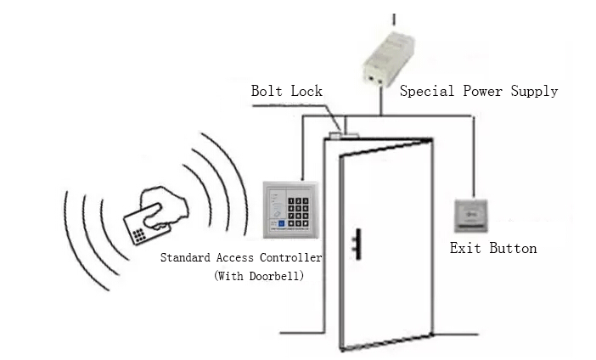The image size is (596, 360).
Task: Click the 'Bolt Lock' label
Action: pyautogui.click(x=287, y=91)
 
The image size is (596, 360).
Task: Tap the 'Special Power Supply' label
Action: pyautogui.click(x=479, y=91)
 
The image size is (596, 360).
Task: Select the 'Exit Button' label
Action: pyautogui.click(x=492, y=249)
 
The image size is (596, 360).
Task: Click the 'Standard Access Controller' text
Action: pyautogui.click(x=242, y=257)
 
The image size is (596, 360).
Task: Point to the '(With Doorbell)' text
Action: pyautogui.click(x=258, y=275)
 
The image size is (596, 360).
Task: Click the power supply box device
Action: pyautogui.click(x=393, y=59)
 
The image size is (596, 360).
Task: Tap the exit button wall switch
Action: pyautogui.click(x=472, y=216)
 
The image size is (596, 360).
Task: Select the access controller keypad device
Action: pyautogui.click(x=290, y=208)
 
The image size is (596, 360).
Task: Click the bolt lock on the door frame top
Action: pyautogui.click(x=338, y=133)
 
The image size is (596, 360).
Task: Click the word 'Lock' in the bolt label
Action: pyautogui.click(x=307, y=91)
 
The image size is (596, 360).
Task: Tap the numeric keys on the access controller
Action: pyautogui.click(x=301, y=207)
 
